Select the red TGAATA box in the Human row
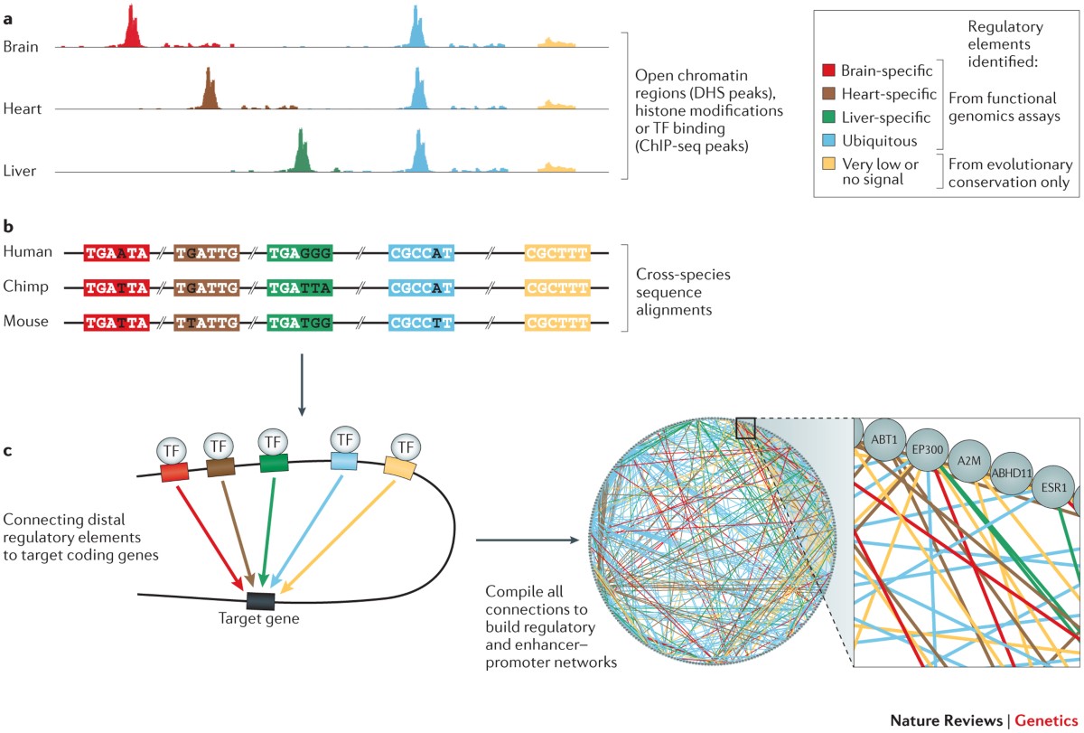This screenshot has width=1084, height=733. pos(116,256)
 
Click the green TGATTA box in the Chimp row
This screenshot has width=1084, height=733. pos(300,288)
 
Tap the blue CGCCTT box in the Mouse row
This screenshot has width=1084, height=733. pos(421,322)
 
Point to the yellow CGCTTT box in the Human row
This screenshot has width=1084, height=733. pos(556,256)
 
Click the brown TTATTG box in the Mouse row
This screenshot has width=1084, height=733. pos(207,322)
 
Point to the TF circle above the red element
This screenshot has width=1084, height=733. pos(171,450)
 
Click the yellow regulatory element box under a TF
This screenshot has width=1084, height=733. pos(399,468)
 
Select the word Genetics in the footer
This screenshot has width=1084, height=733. pos(1047,721)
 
